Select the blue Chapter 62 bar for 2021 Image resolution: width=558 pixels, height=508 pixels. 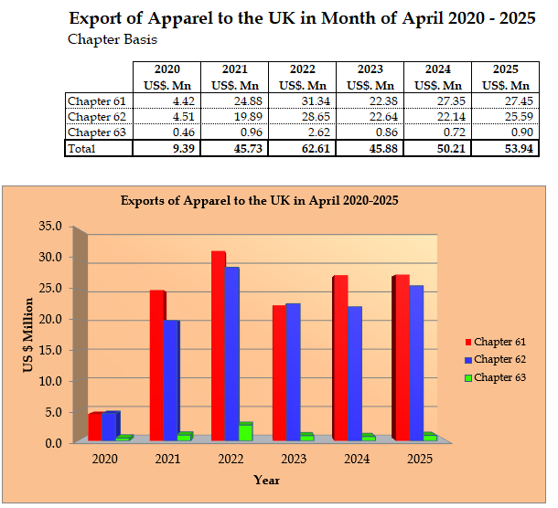click(x=172, y=380)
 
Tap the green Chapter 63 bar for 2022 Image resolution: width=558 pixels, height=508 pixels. click(x=245, y=432)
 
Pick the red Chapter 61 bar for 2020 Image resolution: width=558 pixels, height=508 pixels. click(x=95, y=427)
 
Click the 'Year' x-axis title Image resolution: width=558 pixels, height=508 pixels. click(x=266, y=480)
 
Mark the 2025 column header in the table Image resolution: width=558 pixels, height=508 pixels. click(x=505, y=69)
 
